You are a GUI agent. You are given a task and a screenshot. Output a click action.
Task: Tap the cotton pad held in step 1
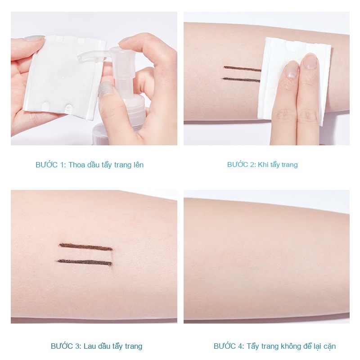[x=65, y=77]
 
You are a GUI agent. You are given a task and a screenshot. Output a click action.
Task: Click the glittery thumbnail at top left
[x=35, y=38]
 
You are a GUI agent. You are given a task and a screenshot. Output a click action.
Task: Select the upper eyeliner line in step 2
[x=242, y=68]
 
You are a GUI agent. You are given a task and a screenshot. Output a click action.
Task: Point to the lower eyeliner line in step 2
[x=241, y=80]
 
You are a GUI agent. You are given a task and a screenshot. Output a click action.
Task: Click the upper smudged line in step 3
[x=85, y=247]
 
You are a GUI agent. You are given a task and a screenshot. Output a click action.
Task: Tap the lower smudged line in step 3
[x=85, y=262]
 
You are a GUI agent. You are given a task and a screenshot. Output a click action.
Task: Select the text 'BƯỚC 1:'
[x=50, y=165]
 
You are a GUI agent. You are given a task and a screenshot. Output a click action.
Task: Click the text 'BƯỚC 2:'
[x=241, y=164]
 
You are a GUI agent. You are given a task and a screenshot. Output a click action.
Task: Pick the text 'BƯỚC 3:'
[x=66, y=346]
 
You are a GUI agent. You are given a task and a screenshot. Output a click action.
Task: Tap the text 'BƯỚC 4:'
[x=229, y=346]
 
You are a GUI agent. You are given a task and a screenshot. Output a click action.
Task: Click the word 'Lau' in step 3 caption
[x=90, y=346]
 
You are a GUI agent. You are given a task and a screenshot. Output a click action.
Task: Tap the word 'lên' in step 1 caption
[x=138, y=165]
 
